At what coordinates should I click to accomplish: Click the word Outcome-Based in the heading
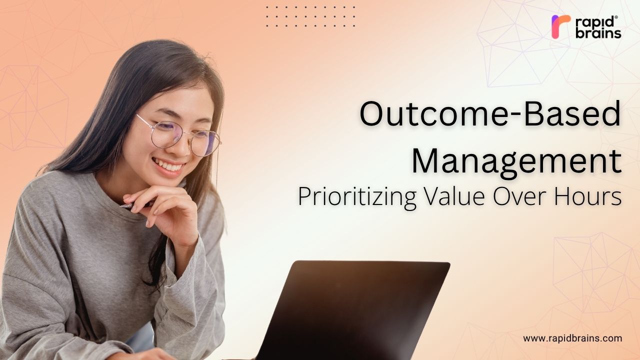(x=490, y=113)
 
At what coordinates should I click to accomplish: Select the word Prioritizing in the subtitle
(x=357, y=197)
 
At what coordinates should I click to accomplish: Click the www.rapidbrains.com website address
(x=572, y=338)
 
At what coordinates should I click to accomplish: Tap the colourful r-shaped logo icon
(x=560, y=26)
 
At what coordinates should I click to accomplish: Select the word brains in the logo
(x=598, y=33)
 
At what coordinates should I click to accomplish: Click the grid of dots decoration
(x=310, y=16)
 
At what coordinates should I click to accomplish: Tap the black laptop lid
(x=353, y=310)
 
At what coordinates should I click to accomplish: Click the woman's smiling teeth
(x=168, y=165)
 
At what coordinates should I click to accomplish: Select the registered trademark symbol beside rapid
(x=616, y=17)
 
